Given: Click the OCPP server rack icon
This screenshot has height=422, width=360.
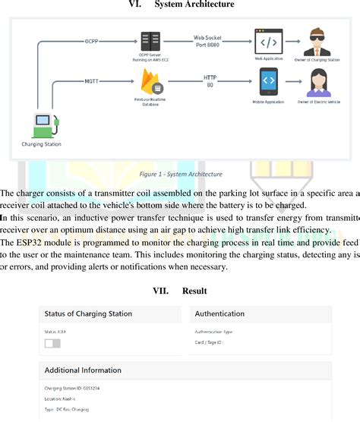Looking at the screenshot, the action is pos(150,42).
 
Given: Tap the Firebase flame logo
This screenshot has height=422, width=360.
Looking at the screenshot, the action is pos(150,80).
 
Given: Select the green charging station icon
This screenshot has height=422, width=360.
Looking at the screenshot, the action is pos(43,124).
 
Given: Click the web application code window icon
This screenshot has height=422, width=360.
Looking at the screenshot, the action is pos(268,41).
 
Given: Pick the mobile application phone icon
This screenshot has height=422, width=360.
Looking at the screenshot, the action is pos(268,80).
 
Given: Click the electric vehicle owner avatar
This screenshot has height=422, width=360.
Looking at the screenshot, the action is pos(317,81).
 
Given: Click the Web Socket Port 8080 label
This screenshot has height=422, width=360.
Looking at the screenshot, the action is pos(209,39).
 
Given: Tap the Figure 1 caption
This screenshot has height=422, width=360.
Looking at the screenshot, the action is pos(181,174).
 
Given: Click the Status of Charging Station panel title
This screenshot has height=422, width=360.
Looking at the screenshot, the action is pos(88,313).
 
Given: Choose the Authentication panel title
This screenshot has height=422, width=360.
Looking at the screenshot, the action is pos(219,313).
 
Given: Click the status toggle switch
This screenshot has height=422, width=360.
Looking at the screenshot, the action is pos(52,344).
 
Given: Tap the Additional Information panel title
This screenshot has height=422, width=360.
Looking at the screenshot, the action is pos(84,370).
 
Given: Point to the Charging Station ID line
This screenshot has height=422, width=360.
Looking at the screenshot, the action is pos(70,387).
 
